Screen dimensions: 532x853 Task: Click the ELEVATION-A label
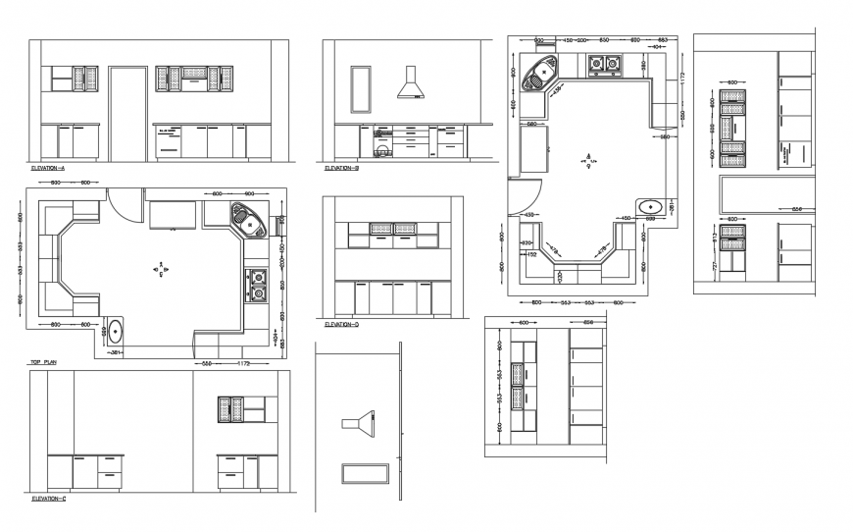48,168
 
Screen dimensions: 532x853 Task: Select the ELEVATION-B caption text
342,168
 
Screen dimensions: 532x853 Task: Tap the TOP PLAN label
43,362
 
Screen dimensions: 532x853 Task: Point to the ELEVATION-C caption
49,499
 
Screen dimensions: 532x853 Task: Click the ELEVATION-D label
342,323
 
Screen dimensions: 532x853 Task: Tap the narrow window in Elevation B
361,89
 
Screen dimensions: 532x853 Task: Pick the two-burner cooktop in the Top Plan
258,284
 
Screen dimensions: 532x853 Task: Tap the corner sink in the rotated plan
540,72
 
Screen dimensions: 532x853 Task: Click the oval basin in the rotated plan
650,206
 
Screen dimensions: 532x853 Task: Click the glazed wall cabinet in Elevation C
230,409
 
